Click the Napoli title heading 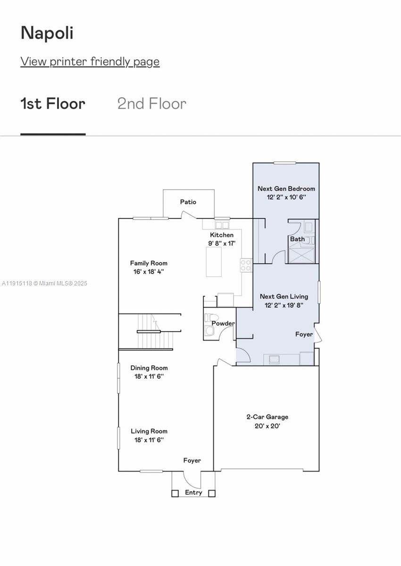point(47,33)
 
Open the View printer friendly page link point(90,61)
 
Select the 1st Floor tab point(53,104)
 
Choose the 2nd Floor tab point(151,104)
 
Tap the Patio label point(188,202)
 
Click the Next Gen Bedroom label point(286,189)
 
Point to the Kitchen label point(221,235)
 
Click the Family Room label point(149,263)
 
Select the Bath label point(297,239)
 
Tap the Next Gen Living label point(284,296)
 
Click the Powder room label point(223,324)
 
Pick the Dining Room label point(149,368)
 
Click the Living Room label point(149,431)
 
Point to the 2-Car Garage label point(267,417)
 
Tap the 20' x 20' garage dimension point(267,426)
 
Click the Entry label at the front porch point(193,492)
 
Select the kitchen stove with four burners point(246,265)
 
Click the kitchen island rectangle point(214,261)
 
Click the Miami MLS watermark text point(45,283)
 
